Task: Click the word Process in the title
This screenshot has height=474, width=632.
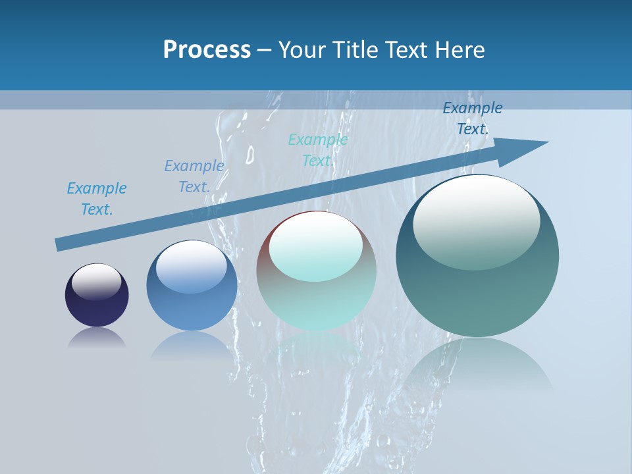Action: click(x=207, y=50)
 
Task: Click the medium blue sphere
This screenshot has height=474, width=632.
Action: click(x=192, y=303)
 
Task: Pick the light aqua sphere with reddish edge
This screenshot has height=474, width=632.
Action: click(x=317, y=296)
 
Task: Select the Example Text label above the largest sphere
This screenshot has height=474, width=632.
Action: click(x=472, y=118)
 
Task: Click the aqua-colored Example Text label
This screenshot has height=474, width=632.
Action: click(x=318, y=150)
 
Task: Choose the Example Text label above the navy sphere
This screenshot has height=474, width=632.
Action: click(x=97, y=199)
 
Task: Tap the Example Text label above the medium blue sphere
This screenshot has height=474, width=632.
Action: click(x=194, y=176)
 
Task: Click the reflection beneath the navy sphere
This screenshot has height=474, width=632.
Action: click(x=97, y=338)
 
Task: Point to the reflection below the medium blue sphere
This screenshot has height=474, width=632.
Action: click(x=192, y=346)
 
